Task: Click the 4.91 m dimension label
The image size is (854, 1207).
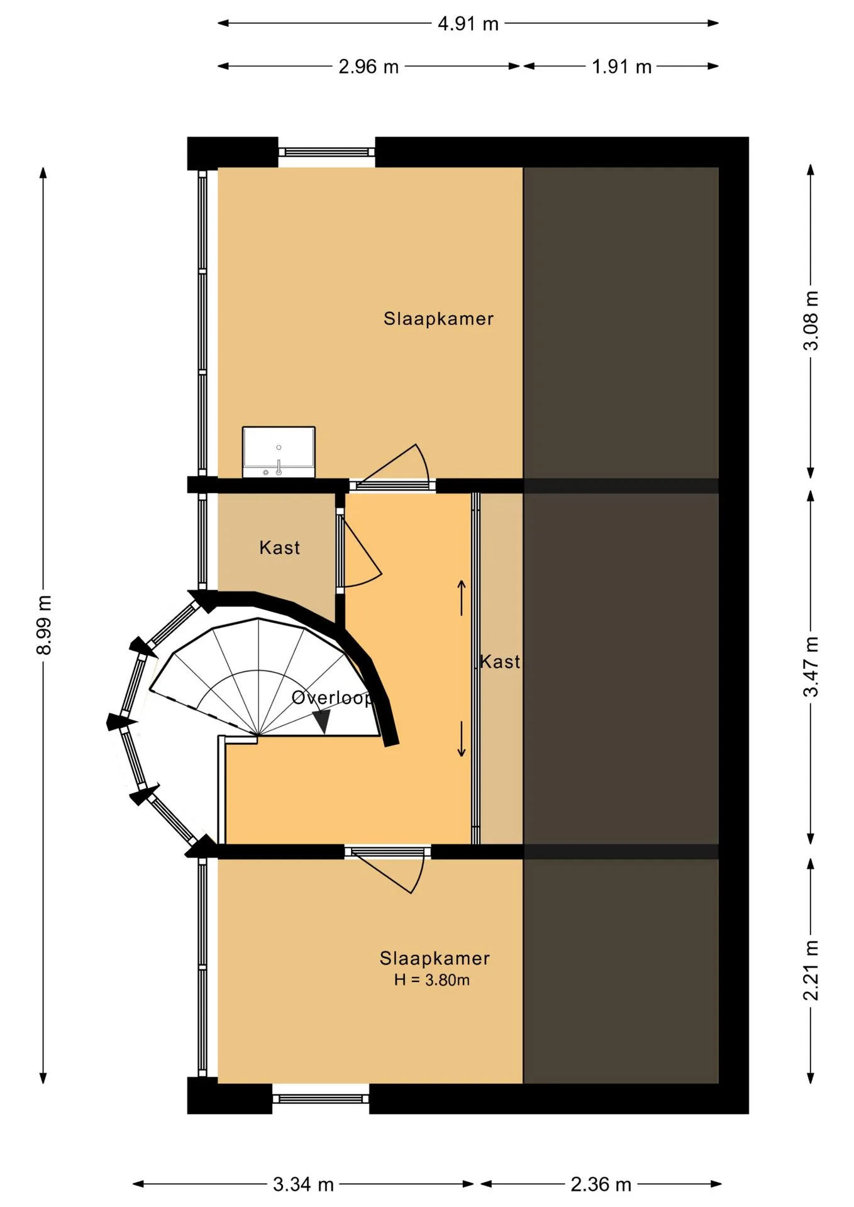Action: coord(468,24)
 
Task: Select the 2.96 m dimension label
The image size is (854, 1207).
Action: coord(369,67)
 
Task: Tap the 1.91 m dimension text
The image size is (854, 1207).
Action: coord(621,67)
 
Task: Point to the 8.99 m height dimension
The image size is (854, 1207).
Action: coord(43,624)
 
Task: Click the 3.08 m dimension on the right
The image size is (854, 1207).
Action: coord(811,321)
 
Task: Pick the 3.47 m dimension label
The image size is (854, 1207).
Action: coord(811,666)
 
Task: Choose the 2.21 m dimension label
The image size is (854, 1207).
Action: coord(811,971)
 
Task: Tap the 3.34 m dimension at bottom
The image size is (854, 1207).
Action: coord(303,1184)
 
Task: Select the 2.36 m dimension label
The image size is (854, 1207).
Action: coord(601,1184)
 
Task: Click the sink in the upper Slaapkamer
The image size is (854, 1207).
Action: coord(279,452)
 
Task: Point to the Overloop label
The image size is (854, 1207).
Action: coord(332,698)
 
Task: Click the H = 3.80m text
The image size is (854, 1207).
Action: coord(432,980)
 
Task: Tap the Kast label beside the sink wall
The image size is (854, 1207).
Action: coord(280,548)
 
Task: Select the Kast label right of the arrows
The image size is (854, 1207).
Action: coord(501,661)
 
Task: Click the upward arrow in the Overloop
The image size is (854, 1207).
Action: coord(462,597)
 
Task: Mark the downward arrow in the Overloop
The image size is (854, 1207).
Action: coord(462,739)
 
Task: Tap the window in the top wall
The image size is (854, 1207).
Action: coord(326,152)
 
